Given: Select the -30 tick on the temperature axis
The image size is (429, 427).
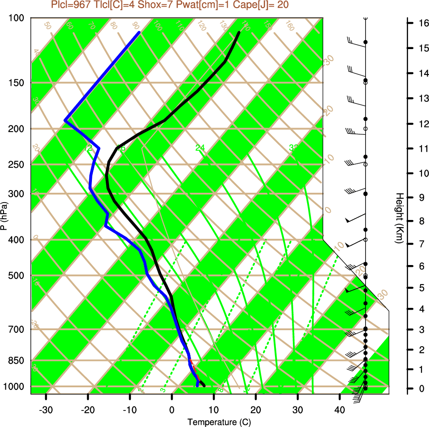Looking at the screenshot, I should click(x=46, y=410).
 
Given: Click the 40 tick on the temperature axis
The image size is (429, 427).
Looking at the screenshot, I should click(x=339, y=410).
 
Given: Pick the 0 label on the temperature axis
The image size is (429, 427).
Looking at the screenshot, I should click(x=172, y=410).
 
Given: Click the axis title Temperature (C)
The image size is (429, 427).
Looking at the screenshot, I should click(x=216, y=422).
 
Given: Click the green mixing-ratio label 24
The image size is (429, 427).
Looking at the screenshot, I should click(x=200, y=148).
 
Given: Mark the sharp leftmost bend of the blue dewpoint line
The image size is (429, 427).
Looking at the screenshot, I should click(x=65, y=120).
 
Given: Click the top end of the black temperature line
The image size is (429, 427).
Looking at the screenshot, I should click(x=239, y=33).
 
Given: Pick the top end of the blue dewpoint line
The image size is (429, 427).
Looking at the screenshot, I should click(x=139, y=33).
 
